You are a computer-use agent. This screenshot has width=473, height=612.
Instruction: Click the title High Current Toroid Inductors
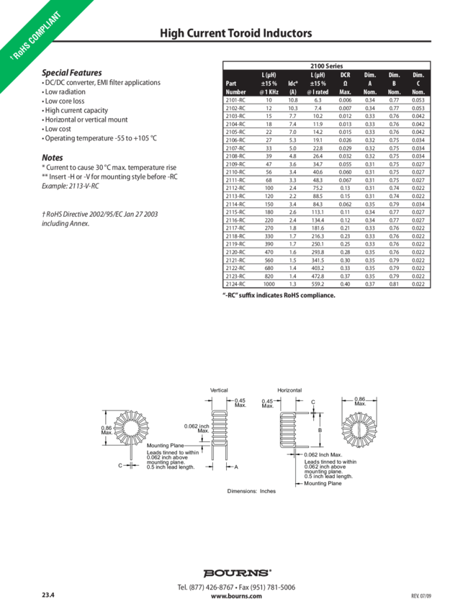click(235, 34)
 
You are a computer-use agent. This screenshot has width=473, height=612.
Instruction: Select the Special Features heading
click(71, 73)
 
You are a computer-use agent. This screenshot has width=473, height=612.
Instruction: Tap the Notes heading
click(53, 157)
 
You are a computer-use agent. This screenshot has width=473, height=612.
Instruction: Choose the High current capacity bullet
click(76, 110)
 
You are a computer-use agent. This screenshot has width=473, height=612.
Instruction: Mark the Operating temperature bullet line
click(100, 137)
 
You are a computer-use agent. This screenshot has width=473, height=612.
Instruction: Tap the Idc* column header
click(292, 84)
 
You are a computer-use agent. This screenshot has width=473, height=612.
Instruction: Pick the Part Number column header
click(235, 87)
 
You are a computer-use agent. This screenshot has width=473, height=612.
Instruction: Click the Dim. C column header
click(418, 83)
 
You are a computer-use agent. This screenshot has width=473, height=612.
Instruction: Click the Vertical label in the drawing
click(218, 390)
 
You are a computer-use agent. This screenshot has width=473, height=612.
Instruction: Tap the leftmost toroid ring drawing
click(127, 429)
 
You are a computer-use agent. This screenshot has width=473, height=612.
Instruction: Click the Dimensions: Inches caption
click(252, 490)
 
